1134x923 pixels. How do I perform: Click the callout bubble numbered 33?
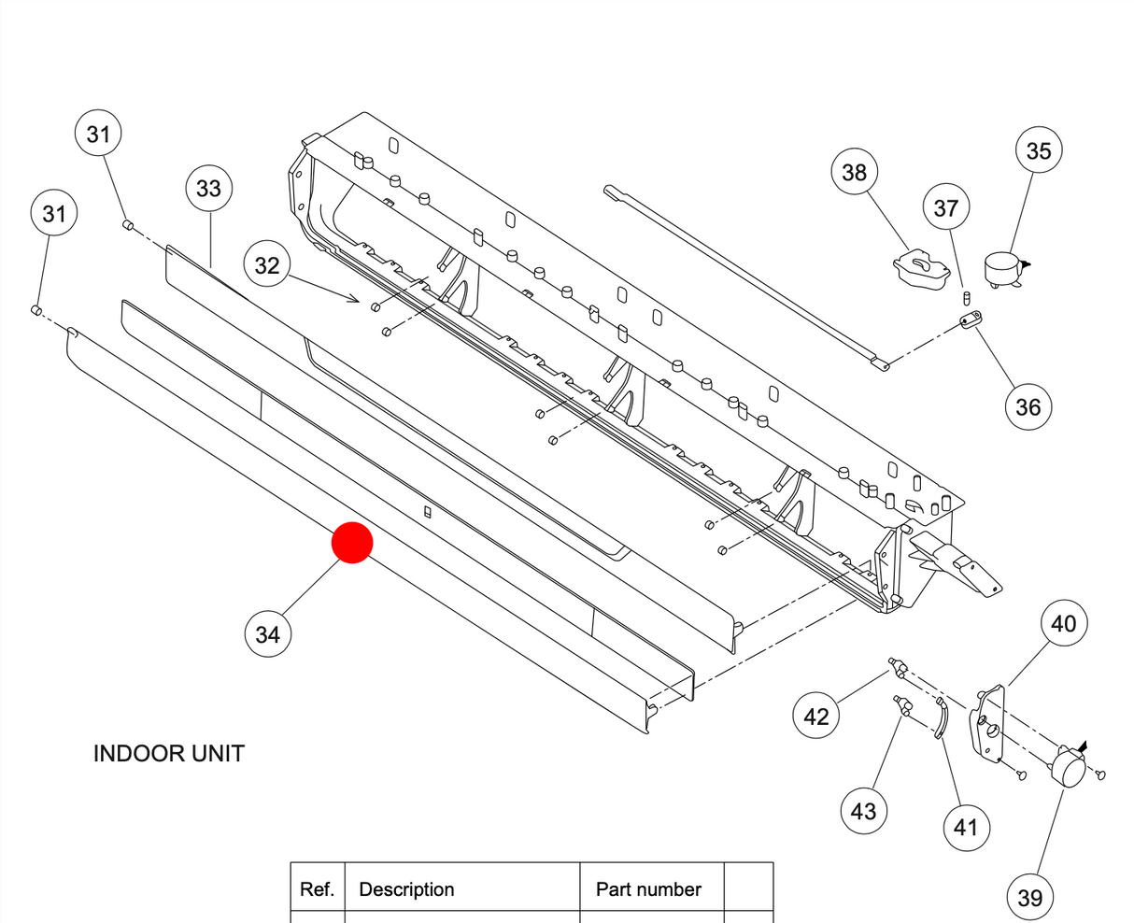click(x=208, y=189)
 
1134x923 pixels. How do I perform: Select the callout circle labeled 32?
click(x=267, y=265)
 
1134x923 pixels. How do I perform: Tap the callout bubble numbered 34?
click(x=267, y=634)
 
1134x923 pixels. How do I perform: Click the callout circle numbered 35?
click(x=1039, y=150)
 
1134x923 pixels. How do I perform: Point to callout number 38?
click(x=854, y=172)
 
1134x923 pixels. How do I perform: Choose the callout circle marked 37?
click(x=946, y=207)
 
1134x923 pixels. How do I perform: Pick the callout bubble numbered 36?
click(x=1028, y=406)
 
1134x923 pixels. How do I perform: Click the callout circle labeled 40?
click(x=1064, y=623)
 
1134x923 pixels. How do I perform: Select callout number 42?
click(x=815, y=716)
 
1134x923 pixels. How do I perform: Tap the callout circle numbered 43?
click(x=863, y=810)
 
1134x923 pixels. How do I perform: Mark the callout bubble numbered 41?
click(x=965, y=827)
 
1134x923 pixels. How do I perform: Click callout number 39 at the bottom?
click(x=1029, y=897)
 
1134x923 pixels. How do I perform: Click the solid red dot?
click(x=353, y=543)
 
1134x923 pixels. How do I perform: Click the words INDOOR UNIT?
click(x=169, y=754)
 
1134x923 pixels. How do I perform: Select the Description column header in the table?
click(x=406, y=889)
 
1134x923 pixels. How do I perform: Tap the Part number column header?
click(x=648, y=889)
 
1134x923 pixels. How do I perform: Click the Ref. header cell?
click(x=318, y=889)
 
